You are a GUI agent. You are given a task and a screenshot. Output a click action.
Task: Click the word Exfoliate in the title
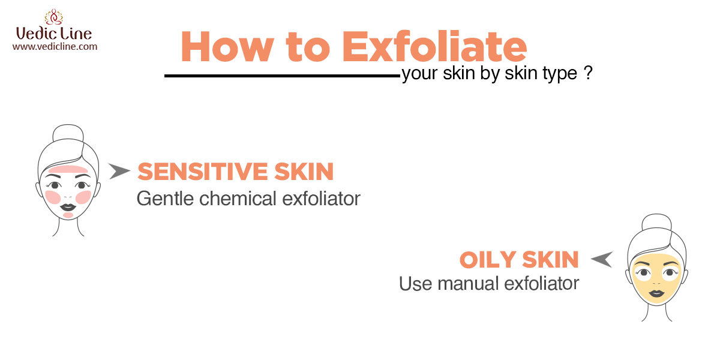pyautogui.click(x=434, y=46)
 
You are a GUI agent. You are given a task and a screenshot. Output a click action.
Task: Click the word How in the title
pyautogui.click(x=227, y=46)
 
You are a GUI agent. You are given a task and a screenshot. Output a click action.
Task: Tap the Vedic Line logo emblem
pyautogui.click(x=53, y=17)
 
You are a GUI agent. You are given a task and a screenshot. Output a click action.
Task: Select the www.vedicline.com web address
pyautogui.click(x=55, y=47)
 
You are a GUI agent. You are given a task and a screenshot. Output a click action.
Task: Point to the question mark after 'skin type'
pyautogui.click(x=588, y=73)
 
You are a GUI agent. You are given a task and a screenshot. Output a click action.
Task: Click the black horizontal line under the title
pyautogui.click(x=282, y=76)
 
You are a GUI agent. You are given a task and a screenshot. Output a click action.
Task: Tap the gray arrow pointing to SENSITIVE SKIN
pyautogui.click(x=119, y=170)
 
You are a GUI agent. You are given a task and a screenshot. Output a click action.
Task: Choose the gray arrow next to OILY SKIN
pyautogui.click(x=602, y=259)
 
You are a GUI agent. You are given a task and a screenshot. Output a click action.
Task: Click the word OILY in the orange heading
pyautogui.click(x=488, y=259)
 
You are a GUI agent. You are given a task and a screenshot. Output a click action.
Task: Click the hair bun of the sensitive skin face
pyautogui.click(x=68, y=133)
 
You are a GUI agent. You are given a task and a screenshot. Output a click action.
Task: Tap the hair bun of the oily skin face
pyautogui.click(x=656, y=222)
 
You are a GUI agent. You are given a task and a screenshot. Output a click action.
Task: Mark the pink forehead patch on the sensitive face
pyautogui.click(x=68, y=169)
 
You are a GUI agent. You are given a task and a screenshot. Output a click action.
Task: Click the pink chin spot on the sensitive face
pyautogui.click(x=68, y=215)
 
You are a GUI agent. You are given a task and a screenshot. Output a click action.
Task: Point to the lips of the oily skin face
pyautogui.click(x=656, y=294)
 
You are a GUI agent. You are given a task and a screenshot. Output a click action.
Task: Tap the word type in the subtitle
pyautogui.click(x=560, y=74)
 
